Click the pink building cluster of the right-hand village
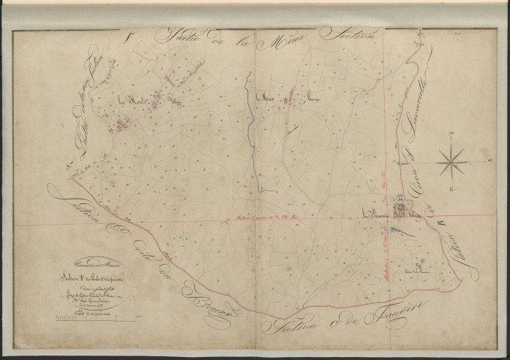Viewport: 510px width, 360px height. [x=403, y=207]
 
